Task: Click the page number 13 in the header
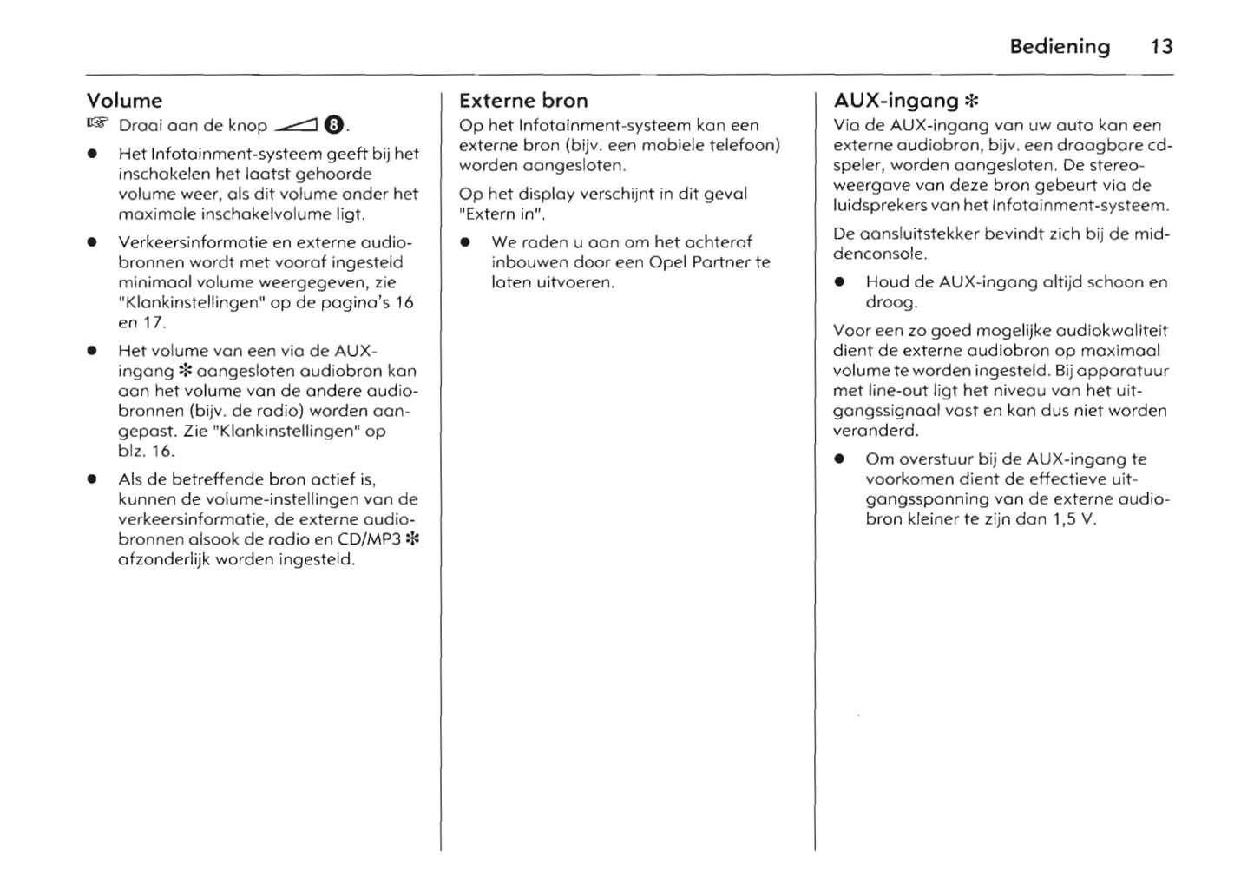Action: pos(1161,47)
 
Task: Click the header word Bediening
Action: pos(1059,47)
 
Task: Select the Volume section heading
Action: pos(124,101)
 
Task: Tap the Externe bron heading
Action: pos(523,101)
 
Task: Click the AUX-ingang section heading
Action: pos(896,101)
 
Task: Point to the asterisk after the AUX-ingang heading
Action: pos(972,102)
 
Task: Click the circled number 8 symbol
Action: pos(334,125)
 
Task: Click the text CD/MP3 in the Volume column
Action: pos(370,539)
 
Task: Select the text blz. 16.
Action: pos(146,451)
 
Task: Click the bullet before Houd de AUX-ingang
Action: pos(839,283)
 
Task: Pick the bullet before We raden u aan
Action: pos(466,243)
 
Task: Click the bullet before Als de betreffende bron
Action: pos(91,479)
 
